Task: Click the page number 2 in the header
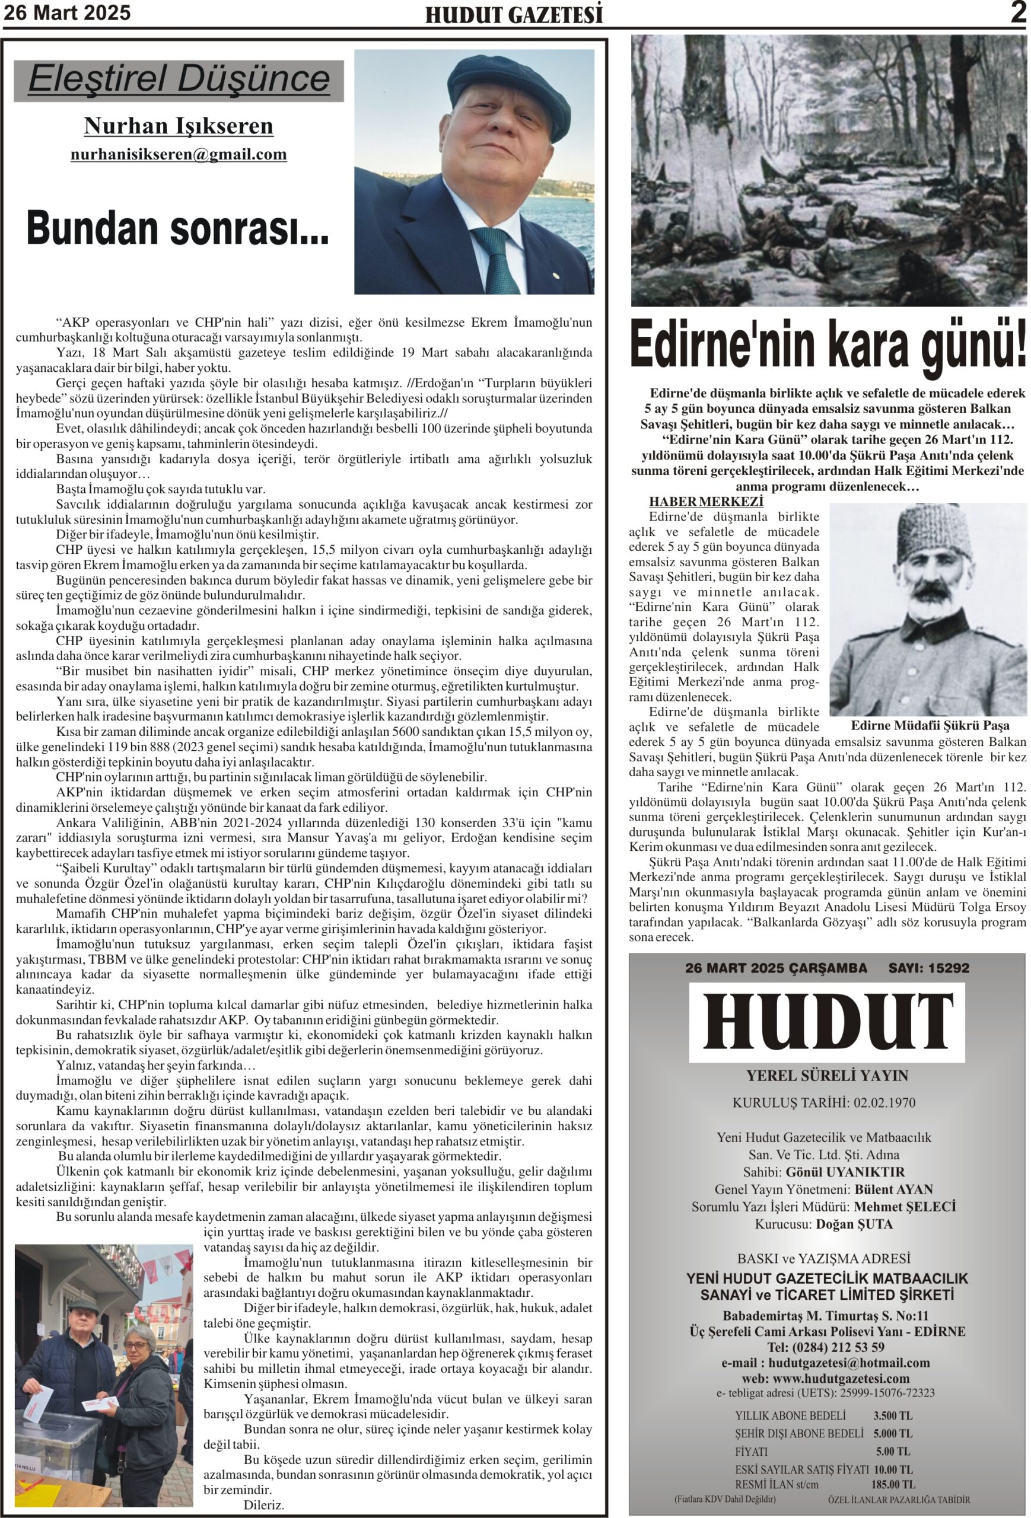pyautogui.click(x=1018, y=12)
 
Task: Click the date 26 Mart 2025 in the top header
pyautogui.click(x=67, y=12)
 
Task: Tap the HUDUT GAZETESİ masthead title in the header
pyautogui.click(x=514, y=15)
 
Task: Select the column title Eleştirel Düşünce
pyautogui.click(x=179, y=79)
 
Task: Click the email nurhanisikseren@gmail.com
pyautogui.click(x=179, y=154)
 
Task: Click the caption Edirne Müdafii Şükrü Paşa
pyautogui.click(x=929, y=725)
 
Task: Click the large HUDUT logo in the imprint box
pyautogui.click(x=827, y=1023)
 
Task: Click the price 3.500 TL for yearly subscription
pyautogui.click(x=893, y=1415)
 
